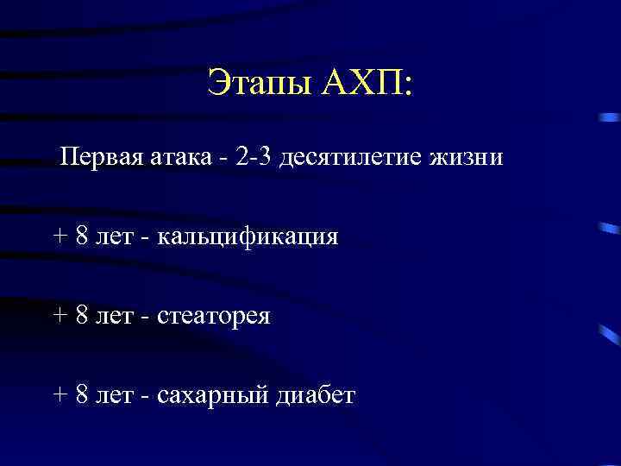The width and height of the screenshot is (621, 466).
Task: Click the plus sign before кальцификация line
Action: coord(60,238)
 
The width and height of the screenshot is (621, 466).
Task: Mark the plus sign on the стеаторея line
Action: coord(60,317)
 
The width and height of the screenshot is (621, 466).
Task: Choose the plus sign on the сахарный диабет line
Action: coord(60,395)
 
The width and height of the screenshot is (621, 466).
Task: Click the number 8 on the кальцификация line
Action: coord(81,237)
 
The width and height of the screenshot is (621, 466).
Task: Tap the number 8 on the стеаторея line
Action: coord(81,317)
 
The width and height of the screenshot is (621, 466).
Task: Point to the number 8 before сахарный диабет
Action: coord(81,395)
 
